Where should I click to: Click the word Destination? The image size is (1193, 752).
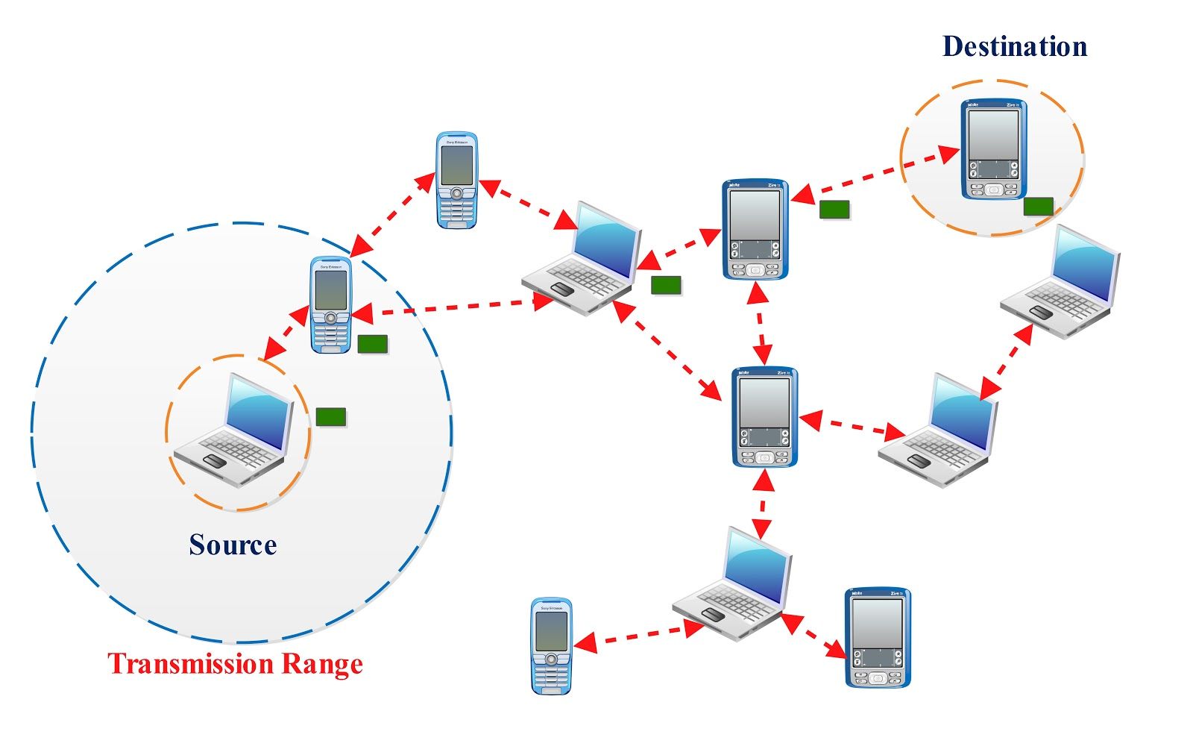tap(1014, 46)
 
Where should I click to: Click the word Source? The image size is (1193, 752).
tap(233, 545)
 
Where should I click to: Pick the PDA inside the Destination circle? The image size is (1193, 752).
tap(993, 149)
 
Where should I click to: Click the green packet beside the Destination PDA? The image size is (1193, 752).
tap(1038, 206)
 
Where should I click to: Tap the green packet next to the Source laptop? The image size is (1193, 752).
tap(330, 416)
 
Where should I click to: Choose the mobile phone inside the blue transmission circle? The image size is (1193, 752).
tap(330, 305)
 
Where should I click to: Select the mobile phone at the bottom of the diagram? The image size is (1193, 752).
tap(551, 645)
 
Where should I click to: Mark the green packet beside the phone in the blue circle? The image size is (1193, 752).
tap(372, 344)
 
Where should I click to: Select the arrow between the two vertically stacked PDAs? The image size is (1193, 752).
tap(760, 323)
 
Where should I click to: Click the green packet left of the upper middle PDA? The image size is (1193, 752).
tap(666, 285)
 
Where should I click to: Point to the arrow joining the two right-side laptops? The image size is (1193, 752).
tap(1007, 361)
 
